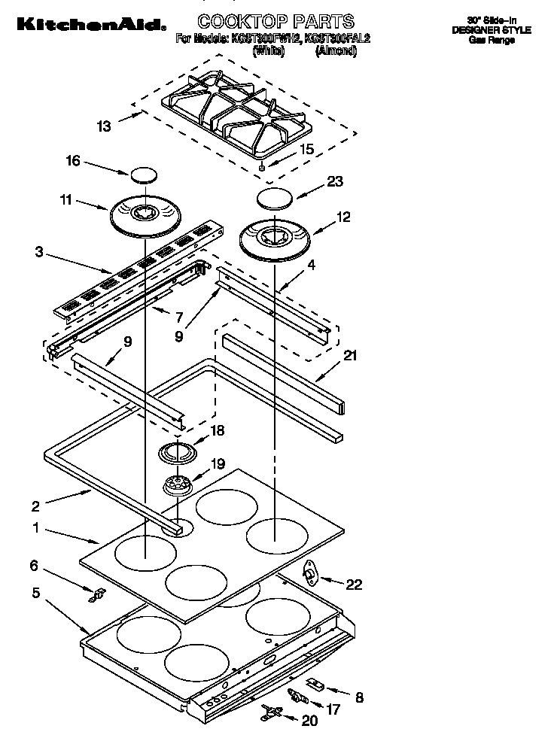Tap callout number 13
pos(103,126)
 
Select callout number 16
pos(74,161)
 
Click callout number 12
pos(343,217)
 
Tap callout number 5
pos(35,592)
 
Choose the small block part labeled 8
pos(315,685)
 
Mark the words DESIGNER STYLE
pos(491,30)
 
